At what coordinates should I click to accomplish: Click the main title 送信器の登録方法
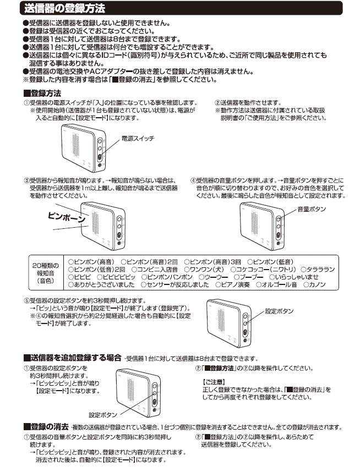64,8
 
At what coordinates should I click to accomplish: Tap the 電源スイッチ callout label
138,139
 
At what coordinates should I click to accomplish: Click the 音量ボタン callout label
312,209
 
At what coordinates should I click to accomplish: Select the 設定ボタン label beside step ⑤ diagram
279,311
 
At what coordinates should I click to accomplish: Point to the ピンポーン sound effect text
67,217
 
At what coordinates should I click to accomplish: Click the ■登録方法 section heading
42,93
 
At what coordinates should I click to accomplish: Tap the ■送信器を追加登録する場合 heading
73,358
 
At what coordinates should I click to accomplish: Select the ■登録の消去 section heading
46,427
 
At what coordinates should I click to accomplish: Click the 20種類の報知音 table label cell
46,273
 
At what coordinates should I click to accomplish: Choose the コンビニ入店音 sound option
155,270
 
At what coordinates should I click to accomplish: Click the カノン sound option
314,284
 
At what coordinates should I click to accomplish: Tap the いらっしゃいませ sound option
294,277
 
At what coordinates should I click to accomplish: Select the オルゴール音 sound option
276,284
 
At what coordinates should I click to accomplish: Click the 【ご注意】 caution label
214,382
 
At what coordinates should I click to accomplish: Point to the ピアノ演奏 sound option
232,284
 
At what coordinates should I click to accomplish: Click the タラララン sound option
318,270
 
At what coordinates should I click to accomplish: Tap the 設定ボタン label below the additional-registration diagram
103,415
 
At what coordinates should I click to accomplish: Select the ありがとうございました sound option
101,284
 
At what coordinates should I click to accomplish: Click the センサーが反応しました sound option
174,284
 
